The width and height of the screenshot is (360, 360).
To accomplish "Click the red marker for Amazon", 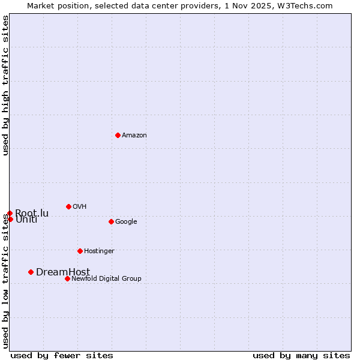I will [x=118, y=135].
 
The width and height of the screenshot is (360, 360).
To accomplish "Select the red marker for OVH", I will [x=68, y=206].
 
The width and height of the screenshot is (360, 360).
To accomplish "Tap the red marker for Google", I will [x=111, y=221].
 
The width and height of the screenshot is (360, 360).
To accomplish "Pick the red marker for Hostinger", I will [x=80, y=251].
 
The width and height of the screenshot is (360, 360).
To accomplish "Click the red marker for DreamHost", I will [x=31, y=272].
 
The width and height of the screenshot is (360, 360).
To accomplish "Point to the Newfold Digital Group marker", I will [x=67, y=278].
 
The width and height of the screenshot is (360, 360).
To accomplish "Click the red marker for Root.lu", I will [x=10, y=213].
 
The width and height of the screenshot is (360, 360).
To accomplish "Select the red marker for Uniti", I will [x=10, y=219].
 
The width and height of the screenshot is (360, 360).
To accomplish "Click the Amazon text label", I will [x=134, y=136].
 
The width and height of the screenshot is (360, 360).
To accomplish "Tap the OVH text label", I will [x=80, y=207].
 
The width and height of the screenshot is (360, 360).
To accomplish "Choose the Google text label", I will [x=126, y=222].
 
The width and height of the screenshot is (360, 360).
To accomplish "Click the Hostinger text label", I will [x=99, y=251].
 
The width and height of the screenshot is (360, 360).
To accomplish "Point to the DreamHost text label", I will [x=63, y=272].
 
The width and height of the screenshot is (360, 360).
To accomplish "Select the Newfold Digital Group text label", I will [x=106, y=279].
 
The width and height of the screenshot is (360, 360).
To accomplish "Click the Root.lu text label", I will [x=32, y=213].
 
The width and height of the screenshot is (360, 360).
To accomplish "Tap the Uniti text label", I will [x=26, y=220].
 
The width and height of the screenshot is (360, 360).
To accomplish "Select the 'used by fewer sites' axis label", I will [x=62, y=355].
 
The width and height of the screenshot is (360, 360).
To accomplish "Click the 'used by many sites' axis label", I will [x=301, y=355].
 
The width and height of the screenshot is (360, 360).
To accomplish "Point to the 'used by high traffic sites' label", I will [x=5, y=86].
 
